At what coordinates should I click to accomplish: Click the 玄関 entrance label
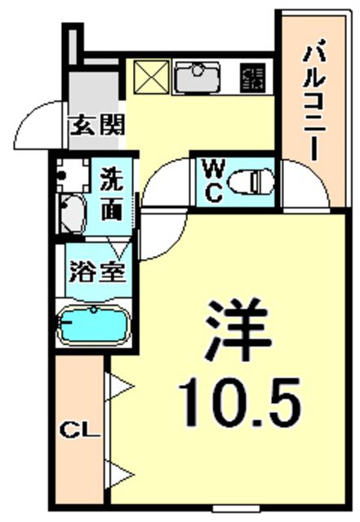pyautogui.click(x=97, y=125)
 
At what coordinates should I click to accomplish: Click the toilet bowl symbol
pyautogui.click(x=251, y=183)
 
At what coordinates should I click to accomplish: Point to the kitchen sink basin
pyautogui.click(x=198, y=77)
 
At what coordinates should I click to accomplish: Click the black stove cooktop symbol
pyautogui.click(x=253, y=77)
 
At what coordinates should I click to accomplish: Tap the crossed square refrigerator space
pyautogui.click(x=151, y=77)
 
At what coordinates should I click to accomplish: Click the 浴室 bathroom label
pyautogui.click(x=97, y=272)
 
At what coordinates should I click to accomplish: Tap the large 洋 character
pyautogui.click(x=238, y=330)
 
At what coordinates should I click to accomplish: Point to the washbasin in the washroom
pyautogui.click(x=71, y=214)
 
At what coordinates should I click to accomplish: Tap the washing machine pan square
pyautogui.click(x=73, y=175)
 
